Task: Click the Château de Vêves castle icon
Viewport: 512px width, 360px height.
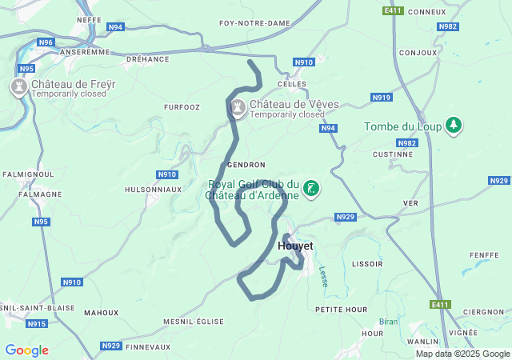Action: pos(238,106)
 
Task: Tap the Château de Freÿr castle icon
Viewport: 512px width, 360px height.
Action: pos(18,85)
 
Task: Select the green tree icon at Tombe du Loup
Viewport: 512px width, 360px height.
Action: pos(454,126)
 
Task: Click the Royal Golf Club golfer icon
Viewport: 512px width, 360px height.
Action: pos(311,189)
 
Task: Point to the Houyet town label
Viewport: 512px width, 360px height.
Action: pos(295,246)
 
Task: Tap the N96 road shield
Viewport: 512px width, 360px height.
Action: pos(46,42)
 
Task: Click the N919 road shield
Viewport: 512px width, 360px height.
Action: pos(382,98)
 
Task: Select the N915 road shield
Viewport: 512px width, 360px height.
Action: pos(36,324)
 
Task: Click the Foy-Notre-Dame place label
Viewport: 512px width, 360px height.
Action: pos(254,24)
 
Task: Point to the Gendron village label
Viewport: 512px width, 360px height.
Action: pos(246,165)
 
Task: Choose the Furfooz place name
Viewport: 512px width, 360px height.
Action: pos(181,106)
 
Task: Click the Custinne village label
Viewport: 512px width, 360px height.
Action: pos(392,154)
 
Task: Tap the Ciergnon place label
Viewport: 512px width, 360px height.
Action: pos(483,312)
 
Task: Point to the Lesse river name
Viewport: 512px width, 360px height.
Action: pos(323,277)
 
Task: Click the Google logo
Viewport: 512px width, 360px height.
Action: pos(26,350)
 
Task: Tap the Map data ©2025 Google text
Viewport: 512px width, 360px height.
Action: pos(462,354)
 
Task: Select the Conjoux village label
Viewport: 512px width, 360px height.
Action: pos(417,53)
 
